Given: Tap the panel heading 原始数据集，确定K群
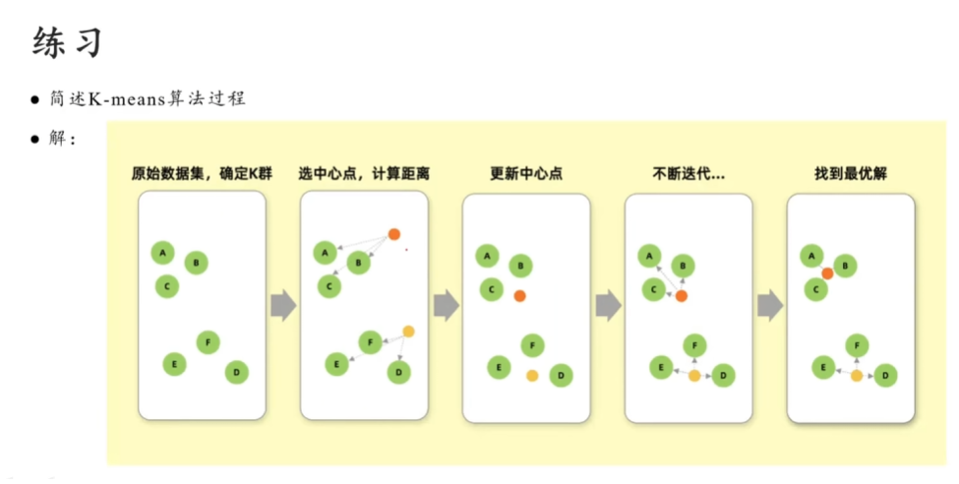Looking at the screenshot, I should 202,174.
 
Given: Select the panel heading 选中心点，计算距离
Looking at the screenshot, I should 364,174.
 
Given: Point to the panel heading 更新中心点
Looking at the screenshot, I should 526,174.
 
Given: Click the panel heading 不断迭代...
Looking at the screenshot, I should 689,174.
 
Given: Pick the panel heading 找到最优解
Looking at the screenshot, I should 851,174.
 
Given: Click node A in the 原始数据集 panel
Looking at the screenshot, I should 162,253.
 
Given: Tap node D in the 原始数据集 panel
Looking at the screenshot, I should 236,372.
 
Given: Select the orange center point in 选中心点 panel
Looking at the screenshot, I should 393,234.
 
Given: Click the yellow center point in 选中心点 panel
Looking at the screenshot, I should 408,331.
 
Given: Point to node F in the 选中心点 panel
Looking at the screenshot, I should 370,342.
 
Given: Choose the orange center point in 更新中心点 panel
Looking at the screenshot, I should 519,295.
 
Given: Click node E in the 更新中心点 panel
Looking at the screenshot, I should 499,367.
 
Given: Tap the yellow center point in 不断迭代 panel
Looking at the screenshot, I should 694,376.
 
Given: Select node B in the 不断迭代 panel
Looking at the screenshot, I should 683,265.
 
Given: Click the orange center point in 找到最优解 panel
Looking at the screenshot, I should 828,273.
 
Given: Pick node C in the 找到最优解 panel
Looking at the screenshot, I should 815,289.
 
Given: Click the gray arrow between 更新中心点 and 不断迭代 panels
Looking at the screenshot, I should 608,306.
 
